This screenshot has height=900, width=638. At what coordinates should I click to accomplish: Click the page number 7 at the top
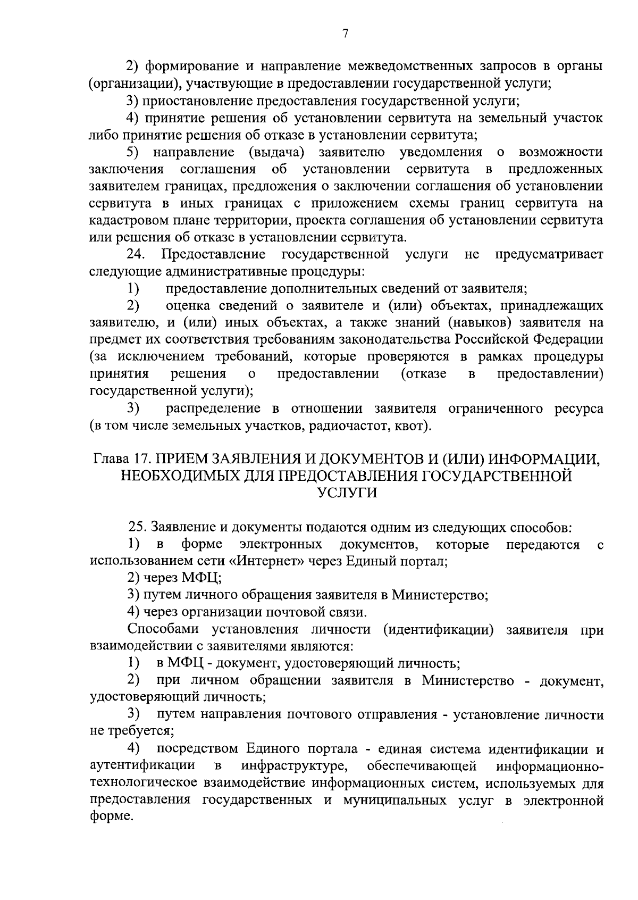click(x=345, y=34)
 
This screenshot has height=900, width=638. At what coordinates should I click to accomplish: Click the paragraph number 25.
click(x=138, y=528)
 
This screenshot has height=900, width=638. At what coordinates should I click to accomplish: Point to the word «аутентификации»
click(x=142, y=766)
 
